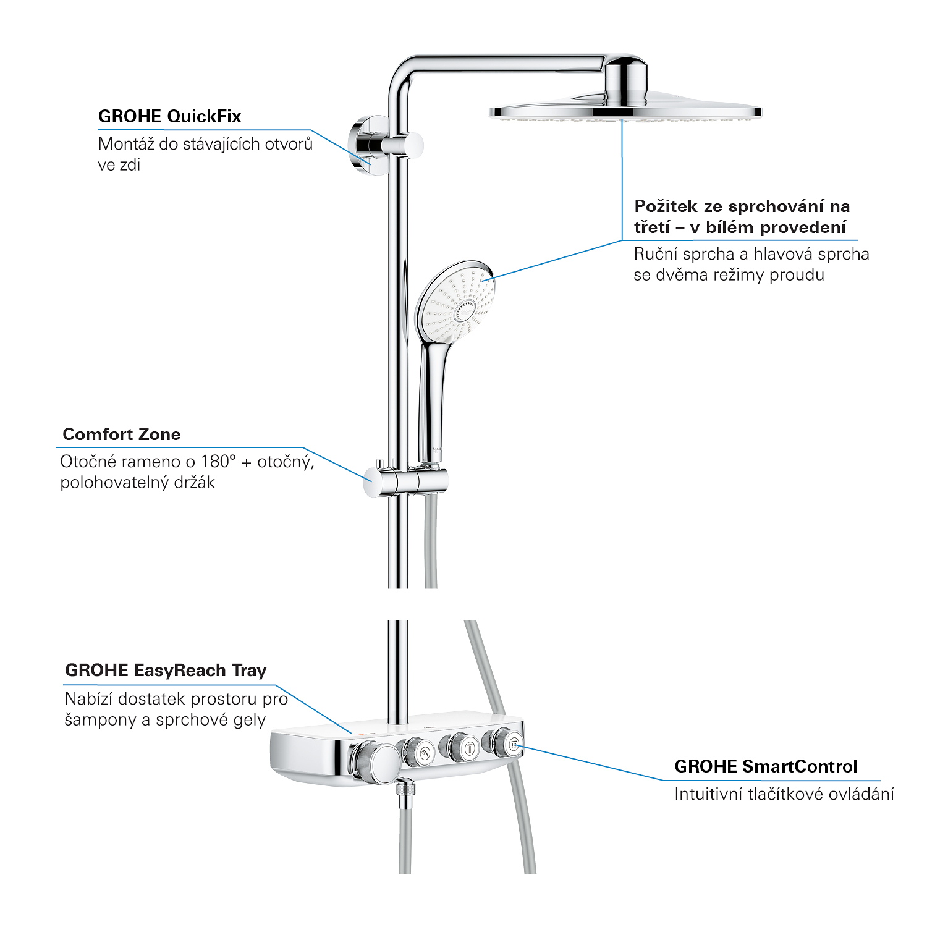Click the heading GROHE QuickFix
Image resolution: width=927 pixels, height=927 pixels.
tap(169, 116)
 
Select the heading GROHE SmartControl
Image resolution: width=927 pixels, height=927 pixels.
tap(766, 766)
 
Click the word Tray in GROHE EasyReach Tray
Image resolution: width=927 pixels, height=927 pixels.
tap(249, 671)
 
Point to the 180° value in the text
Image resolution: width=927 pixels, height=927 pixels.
tap(219, 461)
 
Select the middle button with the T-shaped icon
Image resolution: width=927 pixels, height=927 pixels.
tap(460, 748)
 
